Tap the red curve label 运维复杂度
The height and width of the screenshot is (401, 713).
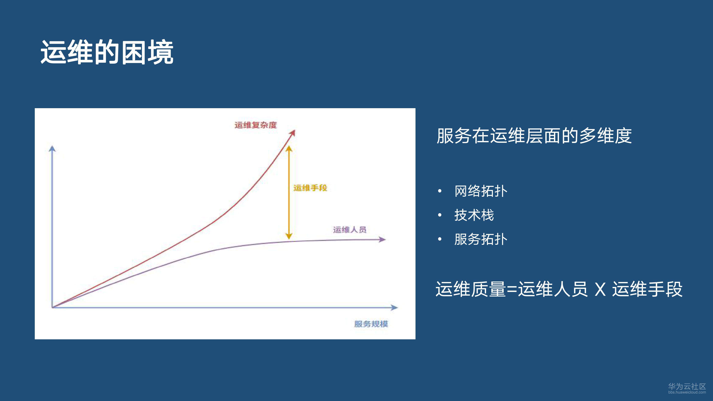click(255, 125)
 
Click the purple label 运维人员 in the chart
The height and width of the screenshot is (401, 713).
click(350, 230)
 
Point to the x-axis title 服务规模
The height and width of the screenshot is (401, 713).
click(371, 324)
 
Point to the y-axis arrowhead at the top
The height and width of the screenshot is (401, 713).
click(52, 149)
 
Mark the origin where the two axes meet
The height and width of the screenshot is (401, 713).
click(52, 307)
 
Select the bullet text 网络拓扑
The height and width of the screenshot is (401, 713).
click(481, 191)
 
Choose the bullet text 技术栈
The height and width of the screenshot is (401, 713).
click(474, 215)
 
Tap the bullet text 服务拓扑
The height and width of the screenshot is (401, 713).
click(481, 239)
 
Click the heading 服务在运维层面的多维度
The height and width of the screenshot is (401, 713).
click(534, 136)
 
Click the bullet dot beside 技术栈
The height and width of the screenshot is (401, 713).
click(440, 215)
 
